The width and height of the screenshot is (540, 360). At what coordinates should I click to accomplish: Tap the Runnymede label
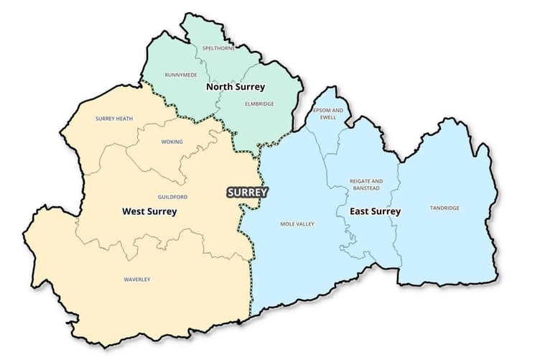[x=180, y=75]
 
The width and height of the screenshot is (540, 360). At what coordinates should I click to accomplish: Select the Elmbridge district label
[x=259, y=104]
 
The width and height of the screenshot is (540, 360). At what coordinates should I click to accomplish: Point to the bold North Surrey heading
[x=235, y=87]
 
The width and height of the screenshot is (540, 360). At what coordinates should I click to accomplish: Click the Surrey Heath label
[x=114, y=119]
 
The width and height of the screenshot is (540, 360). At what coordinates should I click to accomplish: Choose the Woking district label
[x=172, y=142]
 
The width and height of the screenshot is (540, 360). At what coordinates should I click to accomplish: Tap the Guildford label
[x=172, y=196]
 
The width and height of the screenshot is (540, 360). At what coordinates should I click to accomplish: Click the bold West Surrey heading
[x=149, y=212]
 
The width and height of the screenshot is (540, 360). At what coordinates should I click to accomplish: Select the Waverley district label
[x=136, y=280]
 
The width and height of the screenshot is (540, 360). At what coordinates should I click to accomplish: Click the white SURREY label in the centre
[x=247, y=193]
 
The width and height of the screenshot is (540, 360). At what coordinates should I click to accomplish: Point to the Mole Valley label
[x=297, y=224]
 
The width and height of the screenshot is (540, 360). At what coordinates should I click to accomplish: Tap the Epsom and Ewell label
[x=327, y=114]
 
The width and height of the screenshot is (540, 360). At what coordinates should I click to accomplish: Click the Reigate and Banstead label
[x=366, y=185]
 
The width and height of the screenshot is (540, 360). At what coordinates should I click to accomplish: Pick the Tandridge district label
[x=444, y=208]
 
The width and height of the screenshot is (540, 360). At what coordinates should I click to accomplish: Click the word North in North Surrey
[x=219, y=87]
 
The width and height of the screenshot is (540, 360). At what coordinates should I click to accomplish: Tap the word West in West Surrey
[x=134, y=212]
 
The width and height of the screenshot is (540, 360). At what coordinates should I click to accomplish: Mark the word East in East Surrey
[x=360, y=211]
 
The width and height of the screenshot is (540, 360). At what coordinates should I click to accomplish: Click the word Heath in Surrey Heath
[x=125, y=119]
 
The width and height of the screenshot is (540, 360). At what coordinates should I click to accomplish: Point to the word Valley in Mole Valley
[x=305, y=224]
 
